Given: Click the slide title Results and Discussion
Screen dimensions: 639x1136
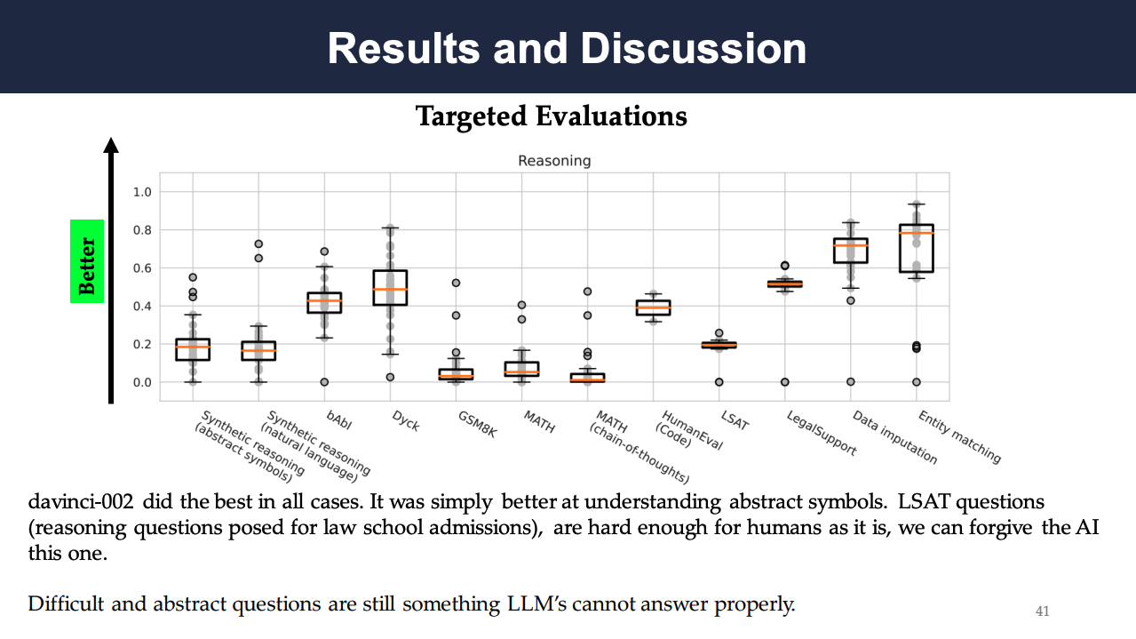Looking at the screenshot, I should (x=567, y=48).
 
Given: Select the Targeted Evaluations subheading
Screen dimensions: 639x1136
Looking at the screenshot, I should (x=551, y=116).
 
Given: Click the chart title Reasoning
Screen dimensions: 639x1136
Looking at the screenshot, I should (x=554, y=161).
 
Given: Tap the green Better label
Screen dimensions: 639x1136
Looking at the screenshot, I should (x=87, y=262).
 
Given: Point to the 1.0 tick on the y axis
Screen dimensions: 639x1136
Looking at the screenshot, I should (x=142, y=192).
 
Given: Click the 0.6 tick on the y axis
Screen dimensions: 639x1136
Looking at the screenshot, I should (x=142, y=268).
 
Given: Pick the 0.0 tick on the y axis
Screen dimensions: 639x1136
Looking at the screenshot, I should (x=142, y=382).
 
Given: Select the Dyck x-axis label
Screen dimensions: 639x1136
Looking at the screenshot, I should (x=406, y=421).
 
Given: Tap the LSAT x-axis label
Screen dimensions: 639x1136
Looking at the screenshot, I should (x=735, y=419).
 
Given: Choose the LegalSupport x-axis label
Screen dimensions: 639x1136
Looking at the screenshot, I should (x=822, y=433).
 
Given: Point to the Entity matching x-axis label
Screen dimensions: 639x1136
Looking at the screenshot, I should (x=959, y=436).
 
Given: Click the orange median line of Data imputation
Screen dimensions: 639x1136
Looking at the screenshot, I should (x=850, y=245).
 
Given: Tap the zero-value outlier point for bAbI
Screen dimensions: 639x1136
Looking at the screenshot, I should (x=324, y=382).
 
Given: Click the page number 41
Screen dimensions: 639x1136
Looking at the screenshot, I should (x=1043, y=611).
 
